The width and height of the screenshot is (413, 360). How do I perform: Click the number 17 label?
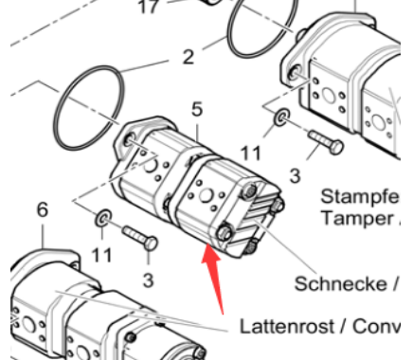click(x=148, y=9)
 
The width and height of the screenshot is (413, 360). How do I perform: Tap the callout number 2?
click(x=188, y=57)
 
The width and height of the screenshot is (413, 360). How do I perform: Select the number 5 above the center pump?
click(x=197, y=111)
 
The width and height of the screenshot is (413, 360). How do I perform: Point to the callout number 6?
click(x=42, y=210)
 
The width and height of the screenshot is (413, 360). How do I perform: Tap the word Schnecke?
click(x=338, y=283)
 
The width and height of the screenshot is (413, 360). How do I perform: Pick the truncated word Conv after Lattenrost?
click(x=384, y=327)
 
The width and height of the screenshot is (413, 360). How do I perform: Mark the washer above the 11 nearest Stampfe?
click(x=281, y=118)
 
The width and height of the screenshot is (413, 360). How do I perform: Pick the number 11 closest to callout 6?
click(x=101, y=253)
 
